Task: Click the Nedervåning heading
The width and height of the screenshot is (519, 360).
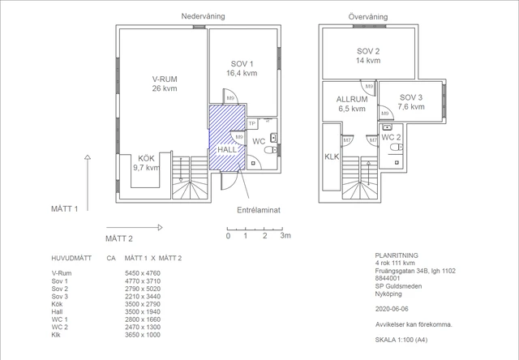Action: [x=203, y=16]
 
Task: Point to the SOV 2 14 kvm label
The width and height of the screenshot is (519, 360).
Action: [x=367, y=55]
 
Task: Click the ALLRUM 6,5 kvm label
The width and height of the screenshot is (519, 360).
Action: [x=351, y=103]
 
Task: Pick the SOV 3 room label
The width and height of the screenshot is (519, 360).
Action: [x=410, y=102]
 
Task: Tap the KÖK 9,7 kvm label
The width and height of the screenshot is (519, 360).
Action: [x=147, y=162]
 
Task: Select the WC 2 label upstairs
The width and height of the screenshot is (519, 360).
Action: [x=391, y=137]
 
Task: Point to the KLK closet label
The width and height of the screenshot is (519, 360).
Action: [x=332, y=156]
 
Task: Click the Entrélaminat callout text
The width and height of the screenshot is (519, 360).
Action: [x=258, y=209]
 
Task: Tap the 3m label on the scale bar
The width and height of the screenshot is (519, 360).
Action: [x=285, y=237]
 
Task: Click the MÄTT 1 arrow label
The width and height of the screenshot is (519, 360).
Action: [x=64, y=209]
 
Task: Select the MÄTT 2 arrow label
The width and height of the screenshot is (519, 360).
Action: [x=119, y=238]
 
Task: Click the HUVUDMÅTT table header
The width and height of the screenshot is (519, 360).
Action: [x=71, y=258]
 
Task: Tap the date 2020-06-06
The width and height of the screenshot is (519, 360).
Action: [x=392, y=309]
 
